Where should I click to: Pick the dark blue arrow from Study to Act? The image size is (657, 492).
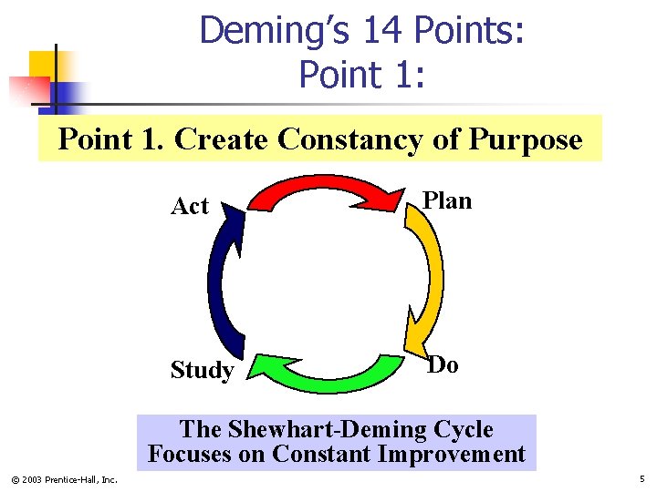pos(224,282)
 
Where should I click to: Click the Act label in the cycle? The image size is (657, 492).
pos(190,207)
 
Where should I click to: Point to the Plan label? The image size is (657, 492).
pos(447,200)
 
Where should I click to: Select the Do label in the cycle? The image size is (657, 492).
pos(443,364)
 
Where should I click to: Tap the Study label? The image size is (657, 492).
pos(202,370)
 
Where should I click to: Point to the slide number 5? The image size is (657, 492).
pos(642,478)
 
